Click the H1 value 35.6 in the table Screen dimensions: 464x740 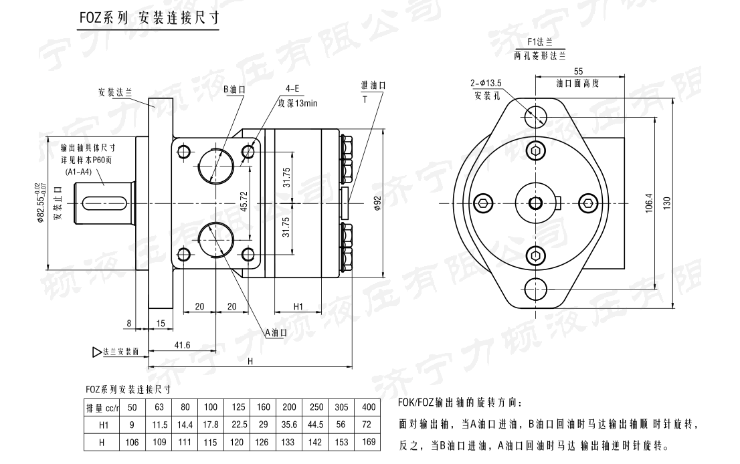coord(289,425)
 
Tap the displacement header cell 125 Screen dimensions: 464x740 coord(238,408)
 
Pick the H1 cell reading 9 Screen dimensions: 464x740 coord(132,425)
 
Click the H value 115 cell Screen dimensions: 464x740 coord(211,443)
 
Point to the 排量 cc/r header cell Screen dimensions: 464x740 coord(102,408)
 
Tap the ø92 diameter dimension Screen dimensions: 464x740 coord(377,203)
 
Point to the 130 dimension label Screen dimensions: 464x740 coord(666,203)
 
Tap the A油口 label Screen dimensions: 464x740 coord(276,332)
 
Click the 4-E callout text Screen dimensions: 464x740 coord(292,88)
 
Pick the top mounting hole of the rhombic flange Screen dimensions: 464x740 coord(536,116)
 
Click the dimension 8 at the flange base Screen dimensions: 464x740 coord(128,324)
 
